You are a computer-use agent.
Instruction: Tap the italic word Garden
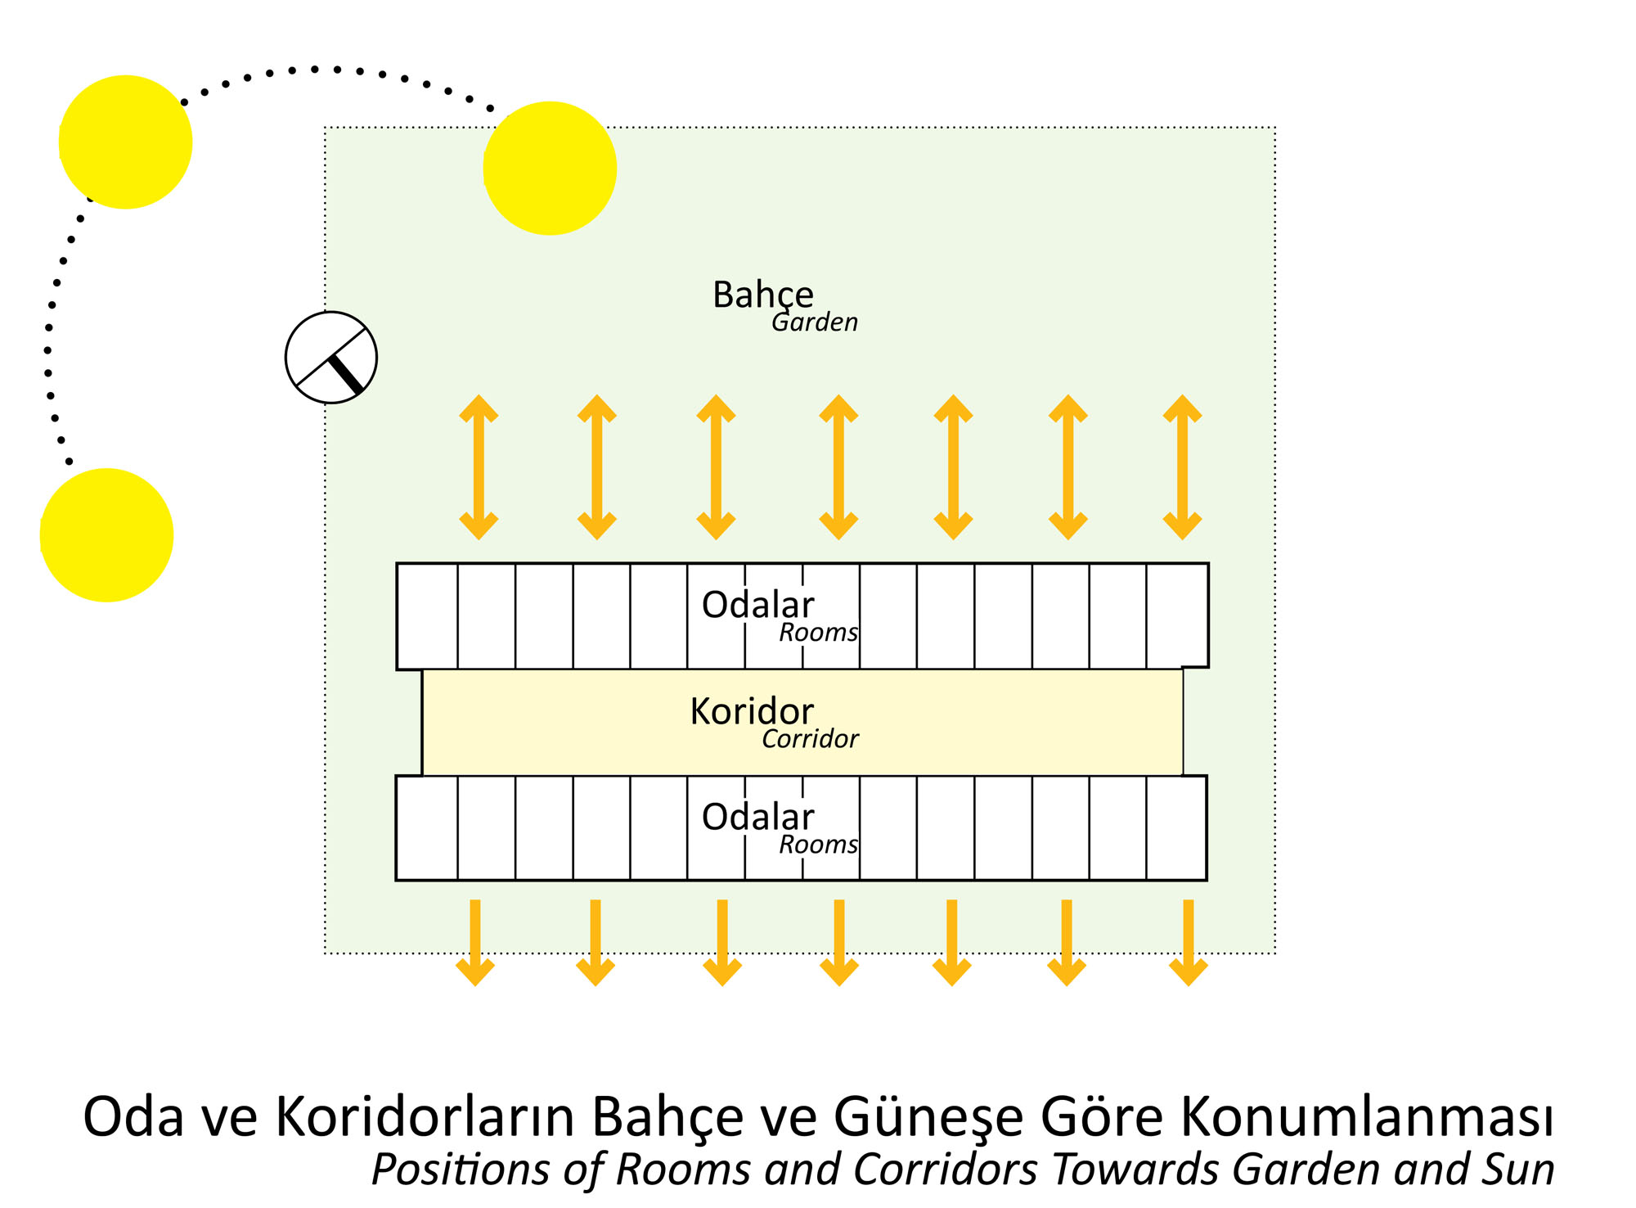(x=815, y=322)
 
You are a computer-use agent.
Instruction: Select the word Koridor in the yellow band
(x=752, y=711)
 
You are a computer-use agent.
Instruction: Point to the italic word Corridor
(x=810, y=739)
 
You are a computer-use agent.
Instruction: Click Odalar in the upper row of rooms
(x=758, y=605)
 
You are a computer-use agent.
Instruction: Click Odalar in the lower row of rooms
(x=758, y=817)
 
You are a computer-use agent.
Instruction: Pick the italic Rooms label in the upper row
(x=818, y=633)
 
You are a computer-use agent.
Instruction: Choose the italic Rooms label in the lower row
(x=818, y=845)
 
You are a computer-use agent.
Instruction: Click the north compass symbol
(x=331, y=358)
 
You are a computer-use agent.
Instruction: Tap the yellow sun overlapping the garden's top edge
(x=550, y=169)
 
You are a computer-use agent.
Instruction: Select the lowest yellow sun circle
(x=106, y=535)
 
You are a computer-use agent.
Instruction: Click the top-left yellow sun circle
(x=125, y=142)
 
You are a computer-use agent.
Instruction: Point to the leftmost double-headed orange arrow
(x=479, y=467)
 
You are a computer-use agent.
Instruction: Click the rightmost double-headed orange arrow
(x=1183, y=467)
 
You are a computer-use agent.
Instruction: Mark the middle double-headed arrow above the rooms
(x=838, y=467)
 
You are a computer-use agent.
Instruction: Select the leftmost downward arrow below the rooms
(x=475, y=943)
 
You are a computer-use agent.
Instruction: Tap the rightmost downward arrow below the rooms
(x=1189, y=943)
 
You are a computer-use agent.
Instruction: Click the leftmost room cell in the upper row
(x=427, y=616)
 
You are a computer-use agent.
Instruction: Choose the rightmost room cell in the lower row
(x=1177, y=828)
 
